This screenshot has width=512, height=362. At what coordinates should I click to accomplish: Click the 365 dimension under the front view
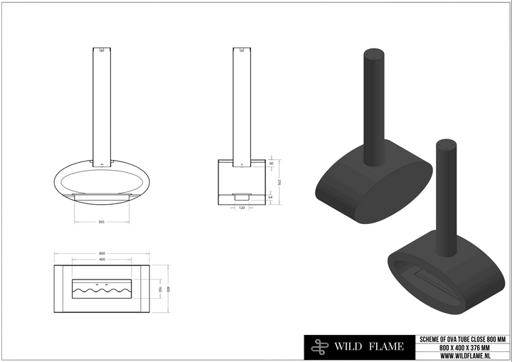pyautogui.click(x=101, y=222)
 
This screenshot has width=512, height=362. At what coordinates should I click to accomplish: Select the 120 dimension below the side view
pyautogui.click(x=242, y=209)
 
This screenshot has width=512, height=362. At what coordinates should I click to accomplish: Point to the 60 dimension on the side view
pyautogui.click(x=272, y=164)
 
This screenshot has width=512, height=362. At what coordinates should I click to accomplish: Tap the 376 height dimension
pyautogui.click(x=278, y=181)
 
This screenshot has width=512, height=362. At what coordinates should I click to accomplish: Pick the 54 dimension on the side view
pyautogui.click(x=272, y=197)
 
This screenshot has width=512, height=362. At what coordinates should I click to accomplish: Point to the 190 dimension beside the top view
pyautogui.click(x=161, y=290)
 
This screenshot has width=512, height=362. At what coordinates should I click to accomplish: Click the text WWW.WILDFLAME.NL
pyautogui.click(x=462, y=355)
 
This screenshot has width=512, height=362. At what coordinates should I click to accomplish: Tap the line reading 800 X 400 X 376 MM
pyautogui.click(x=462, y=347)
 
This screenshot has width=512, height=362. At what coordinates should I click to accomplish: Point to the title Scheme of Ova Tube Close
pyautogui.click(x=462, y=339)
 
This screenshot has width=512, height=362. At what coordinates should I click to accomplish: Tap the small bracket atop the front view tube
pyautogui.click(x=102, y=50)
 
